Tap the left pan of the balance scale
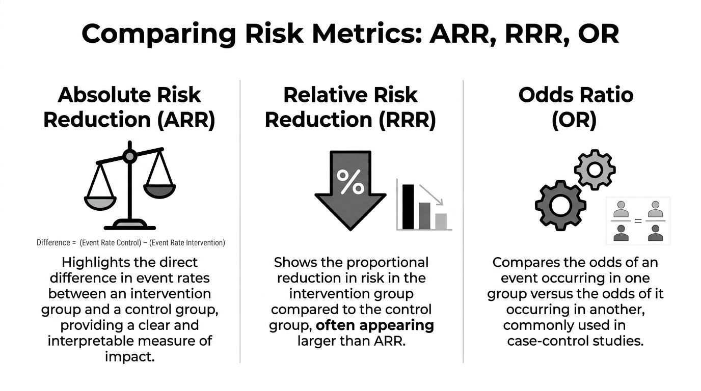100,202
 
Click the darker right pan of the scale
159,190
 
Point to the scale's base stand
129,224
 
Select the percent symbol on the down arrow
351,182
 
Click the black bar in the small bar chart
408,207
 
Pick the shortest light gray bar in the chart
441,221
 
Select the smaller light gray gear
595,170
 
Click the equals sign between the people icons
637,221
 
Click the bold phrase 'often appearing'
375,325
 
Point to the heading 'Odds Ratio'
576,95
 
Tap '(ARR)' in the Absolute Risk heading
183,120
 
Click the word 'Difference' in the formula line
52,243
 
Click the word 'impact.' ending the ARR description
129,356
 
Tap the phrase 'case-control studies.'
575,341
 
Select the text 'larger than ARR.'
351,341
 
